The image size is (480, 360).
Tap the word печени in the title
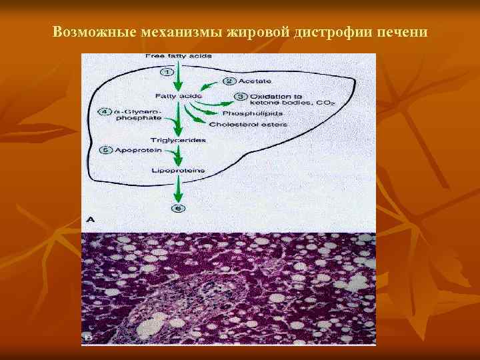pos(401,31)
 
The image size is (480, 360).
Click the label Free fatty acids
pos(178,56)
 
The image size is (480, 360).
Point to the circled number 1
pos(167,71)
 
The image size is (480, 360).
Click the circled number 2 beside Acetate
pos(229,81)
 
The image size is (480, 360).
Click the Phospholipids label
pos(236,113)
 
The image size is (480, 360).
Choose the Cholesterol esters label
pos(247,124)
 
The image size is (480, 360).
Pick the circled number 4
pos(103,111)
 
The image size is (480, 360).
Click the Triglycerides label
pos(178,141)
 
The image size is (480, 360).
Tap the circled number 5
pos(103,151)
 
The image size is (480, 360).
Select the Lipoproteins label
pos(179,171)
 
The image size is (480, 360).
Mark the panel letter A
pos(89,219)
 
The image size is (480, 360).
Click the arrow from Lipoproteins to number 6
pos(178,189)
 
